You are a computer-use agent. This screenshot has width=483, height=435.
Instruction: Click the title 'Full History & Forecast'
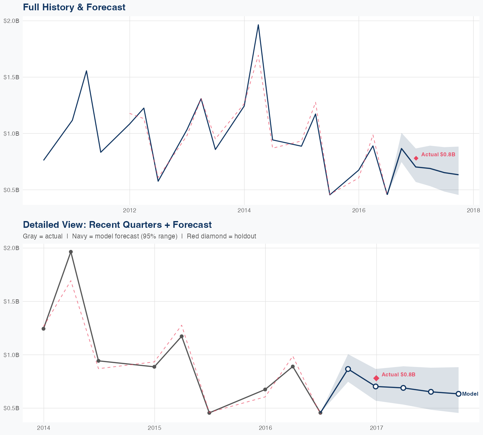pos(74,7)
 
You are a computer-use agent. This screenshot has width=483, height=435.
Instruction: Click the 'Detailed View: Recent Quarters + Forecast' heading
pos(117,225)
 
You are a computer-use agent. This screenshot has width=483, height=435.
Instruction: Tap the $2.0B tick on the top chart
pos(11,21)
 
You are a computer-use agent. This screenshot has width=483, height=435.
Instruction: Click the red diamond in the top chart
pos(416,158)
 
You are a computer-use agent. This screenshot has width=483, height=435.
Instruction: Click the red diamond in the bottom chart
pos(376,378)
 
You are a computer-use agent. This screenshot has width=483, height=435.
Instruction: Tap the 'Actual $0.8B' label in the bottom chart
pos(398,375)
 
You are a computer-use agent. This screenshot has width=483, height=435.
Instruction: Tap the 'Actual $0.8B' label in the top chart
pos(438,155)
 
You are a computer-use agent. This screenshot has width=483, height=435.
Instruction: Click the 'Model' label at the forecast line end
pos(470,394)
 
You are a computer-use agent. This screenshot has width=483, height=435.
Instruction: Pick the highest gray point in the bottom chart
pos(71,252)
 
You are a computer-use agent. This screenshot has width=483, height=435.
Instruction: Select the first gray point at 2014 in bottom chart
pos(43,329)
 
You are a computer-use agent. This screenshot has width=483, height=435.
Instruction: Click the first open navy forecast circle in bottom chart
pos(348,369)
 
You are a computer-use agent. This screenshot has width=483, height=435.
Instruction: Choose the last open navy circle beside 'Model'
pos(459,394)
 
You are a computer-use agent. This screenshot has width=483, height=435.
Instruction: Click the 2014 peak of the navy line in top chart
pos(258,25)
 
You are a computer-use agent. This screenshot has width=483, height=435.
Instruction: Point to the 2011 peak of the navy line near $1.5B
pos(86,71)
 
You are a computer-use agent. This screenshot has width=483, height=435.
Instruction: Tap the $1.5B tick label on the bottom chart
pos(11,302)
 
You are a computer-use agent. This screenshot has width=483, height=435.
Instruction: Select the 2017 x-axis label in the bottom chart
pos(376,428)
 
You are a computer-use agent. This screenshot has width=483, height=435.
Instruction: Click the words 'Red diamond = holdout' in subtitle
pos(221,236)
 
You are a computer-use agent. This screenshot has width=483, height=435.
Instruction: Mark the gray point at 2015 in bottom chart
pos(154,367)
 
